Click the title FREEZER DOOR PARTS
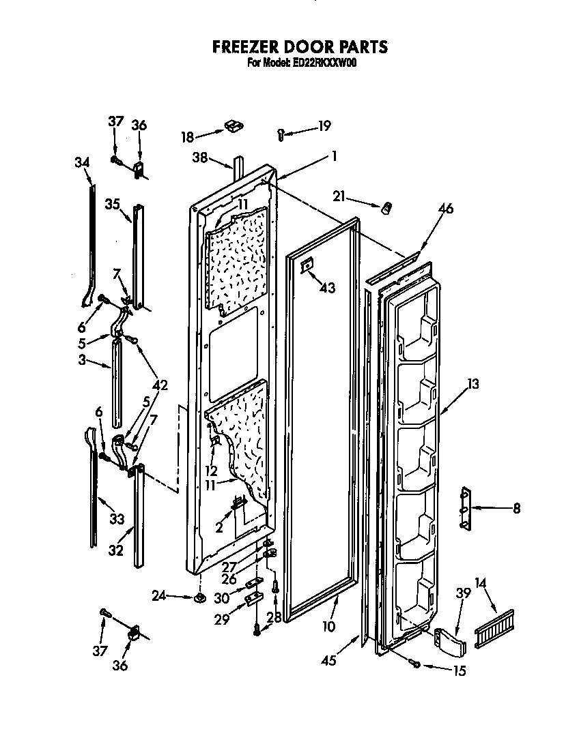pos(300,47)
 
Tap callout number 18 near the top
pos(187,136)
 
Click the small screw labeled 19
pos(281,134)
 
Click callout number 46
pos(445,209)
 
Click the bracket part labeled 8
pos(466,508)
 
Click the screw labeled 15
pos(414,662)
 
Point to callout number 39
pos(463,594)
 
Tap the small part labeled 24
pos(199,598)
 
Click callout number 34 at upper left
pos(82,162)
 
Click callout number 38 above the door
pos(199,156)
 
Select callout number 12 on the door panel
pos(212,471)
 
